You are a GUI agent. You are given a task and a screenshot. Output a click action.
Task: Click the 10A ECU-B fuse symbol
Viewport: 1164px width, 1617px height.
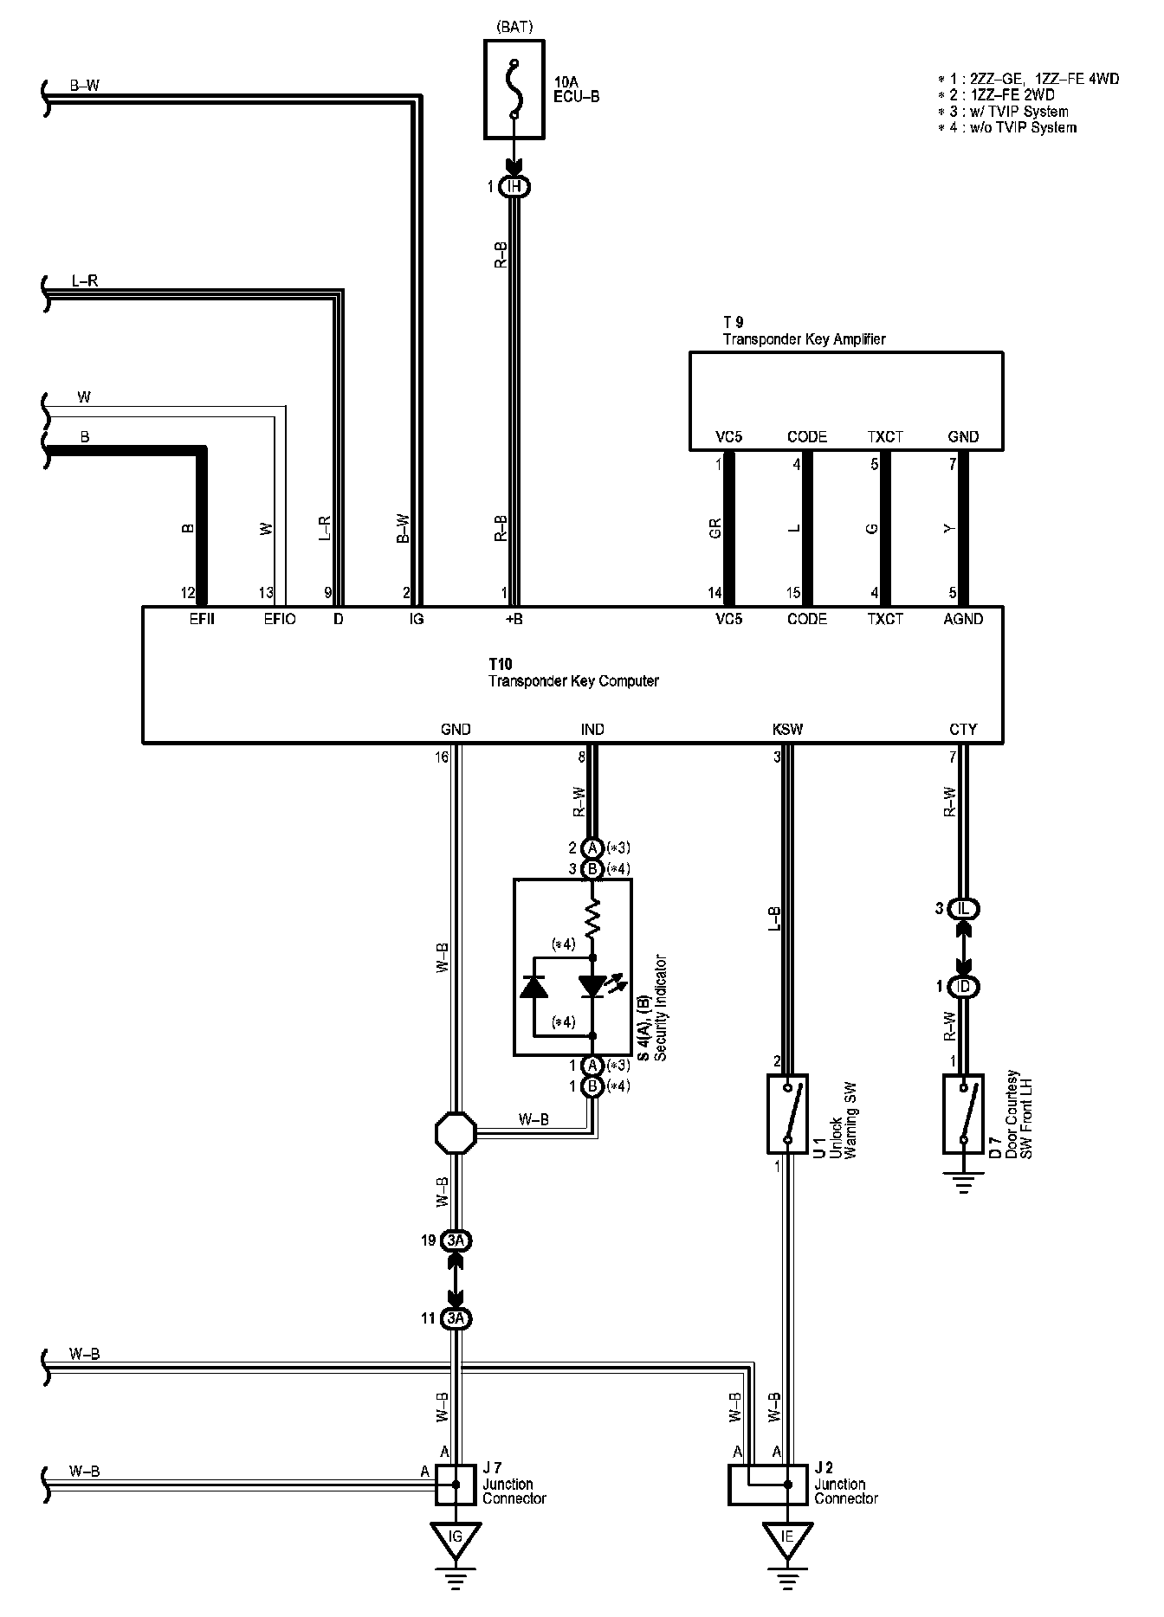514,89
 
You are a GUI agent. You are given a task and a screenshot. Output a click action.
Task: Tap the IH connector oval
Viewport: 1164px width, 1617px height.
514,186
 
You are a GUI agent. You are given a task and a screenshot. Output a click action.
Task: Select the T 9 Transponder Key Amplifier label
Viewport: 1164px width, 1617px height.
804,332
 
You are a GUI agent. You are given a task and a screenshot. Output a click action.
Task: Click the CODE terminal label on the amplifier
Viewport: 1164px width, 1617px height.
806,437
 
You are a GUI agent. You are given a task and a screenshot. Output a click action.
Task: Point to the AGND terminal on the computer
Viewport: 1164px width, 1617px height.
963,619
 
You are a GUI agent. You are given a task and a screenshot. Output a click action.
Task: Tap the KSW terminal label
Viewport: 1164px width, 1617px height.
787,730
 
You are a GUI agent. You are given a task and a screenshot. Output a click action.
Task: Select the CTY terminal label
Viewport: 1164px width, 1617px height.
962,730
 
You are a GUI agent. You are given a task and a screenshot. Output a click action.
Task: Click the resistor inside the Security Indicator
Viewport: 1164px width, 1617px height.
592,918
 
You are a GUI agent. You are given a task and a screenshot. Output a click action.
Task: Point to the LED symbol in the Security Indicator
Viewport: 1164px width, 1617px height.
593,985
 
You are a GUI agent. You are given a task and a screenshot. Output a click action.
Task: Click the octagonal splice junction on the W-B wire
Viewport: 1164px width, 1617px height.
456,1131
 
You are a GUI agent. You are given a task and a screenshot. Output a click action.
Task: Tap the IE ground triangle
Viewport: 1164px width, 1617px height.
787,1537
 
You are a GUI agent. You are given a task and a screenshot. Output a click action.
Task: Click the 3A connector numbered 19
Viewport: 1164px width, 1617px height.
456,1240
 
